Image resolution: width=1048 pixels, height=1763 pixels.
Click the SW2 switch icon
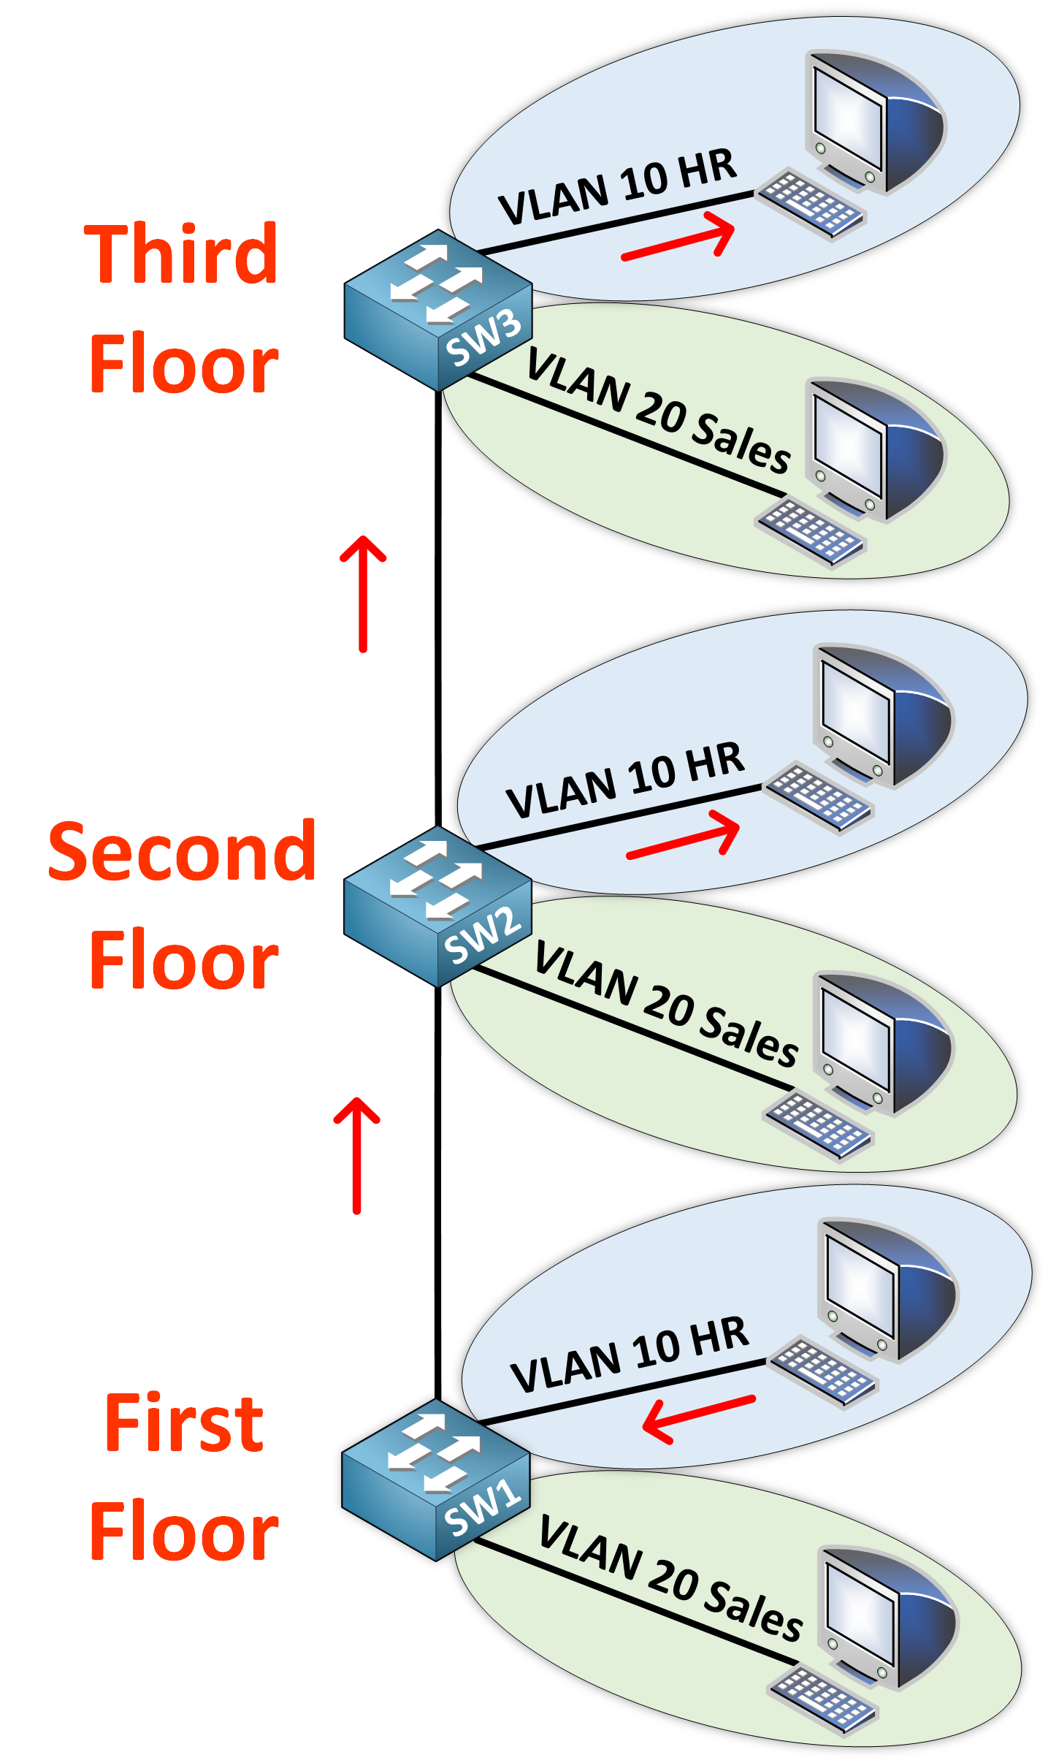[x=437, y=906]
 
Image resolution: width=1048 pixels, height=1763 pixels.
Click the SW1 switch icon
[x=435, y=1480]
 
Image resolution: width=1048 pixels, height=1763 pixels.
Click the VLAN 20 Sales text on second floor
[x=666, y=1004]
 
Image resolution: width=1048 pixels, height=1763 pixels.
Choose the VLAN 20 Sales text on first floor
[x=670, y=1578]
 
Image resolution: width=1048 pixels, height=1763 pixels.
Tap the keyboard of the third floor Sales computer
[x=811, y=532]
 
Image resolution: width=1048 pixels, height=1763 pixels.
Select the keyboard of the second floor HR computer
[x=818, y=796]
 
